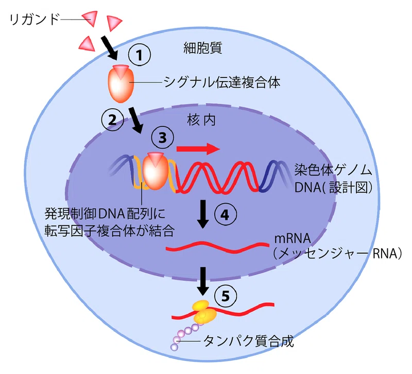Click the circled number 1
coord(139,55)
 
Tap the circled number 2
coord(112,120)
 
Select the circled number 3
coord(162,138)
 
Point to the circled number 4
coord(226,215)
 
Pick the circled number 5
coord(226,296)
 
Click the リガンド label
coord(35,20)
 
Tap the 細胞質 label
coord(202,47)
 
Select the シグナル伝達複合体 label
coord(222,82)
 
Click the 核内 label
coord(201,120)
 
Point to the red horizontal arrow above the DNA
coord(198,149)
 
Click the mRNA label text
coord(293,239)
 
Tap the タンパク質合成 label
coord(248,342)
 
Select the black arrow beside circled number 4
coord(203,214)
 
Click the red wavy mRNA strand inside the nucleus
coord(217,247)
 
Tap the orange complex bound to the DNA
coord(155,171)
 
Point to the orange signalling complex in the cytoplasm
coord(121,84)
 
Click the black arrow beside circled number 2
coord(136,120)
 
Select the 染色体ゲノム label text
coord(333,170)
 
